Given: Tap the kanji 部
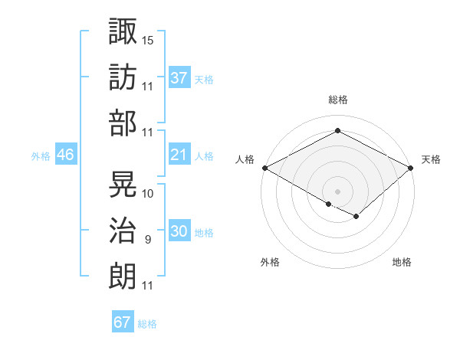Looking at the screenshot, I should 123,123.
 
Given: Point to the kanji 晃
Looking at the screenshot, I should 123,184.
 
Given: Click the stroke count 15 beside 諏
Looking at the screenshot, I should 148,39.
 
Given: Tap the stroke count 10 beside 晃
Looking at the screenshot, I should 148,194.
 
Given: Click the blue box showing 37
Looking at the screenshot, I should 179,78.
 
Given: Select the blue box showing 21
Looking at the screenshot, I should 179,155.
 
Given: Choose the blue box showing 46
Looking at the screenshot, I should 66,155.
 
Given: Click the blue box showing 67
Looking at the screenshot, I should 123,322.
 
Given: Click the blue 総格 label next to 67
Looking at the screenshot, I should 147,324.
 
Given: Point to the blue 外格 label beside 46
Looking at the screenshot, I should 41,156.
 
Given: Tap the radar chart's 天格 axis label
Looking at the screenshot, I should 432,159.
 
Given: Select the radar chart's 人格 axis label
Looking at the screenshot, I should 245,159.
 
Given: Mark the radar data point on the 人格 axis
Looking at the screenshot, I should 264,167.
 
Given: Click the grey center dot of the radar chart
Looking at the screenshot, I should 337,191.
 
